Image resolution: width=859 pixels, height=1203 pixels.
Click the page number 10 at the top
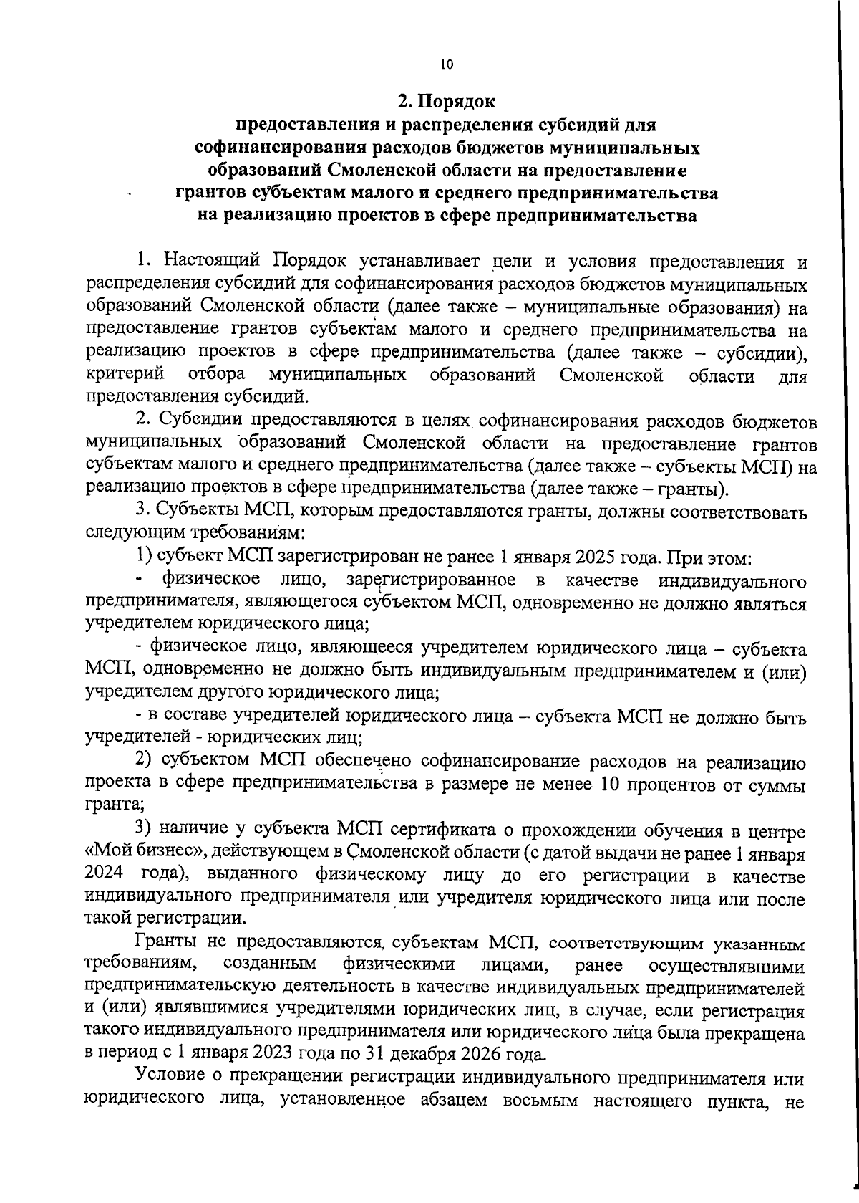[447, 64]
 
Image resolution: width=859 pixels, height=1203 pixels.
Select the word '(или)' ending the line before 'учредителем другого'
[783, 671]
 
